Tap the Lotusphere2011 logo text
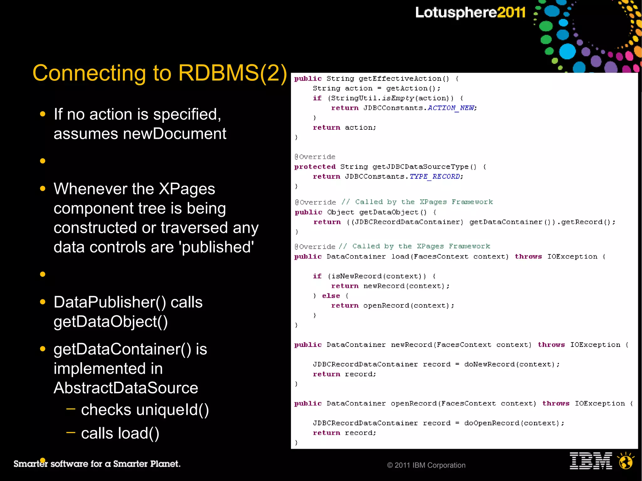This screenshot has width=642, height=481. coord(470,13)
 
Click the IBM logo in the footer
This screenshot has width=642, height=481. coord(591,461)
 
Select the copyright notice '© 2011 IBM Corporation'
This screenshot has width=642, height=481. coord(426,465)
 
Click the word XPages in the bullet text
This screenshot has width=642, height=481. coord(187,189)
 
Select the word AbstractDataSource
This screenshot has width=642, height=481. coord(126,388)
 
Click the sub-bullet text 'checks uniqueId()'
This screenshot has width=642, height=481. coord(145,410)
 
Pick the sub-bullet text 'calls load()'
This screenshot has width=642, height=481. coord(120,433)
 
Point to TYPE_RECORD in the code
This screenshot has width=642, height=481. coord(434,177)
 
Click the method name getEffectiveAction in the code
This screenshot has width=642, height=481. coord(400,79)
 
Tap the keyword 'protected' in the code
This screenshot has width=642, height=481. coord(315,167)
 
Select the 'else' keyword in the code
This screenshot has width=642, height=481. coord(331,296)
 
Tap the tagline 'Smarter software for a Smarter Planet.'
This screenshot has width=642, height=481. coord(97,464)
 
